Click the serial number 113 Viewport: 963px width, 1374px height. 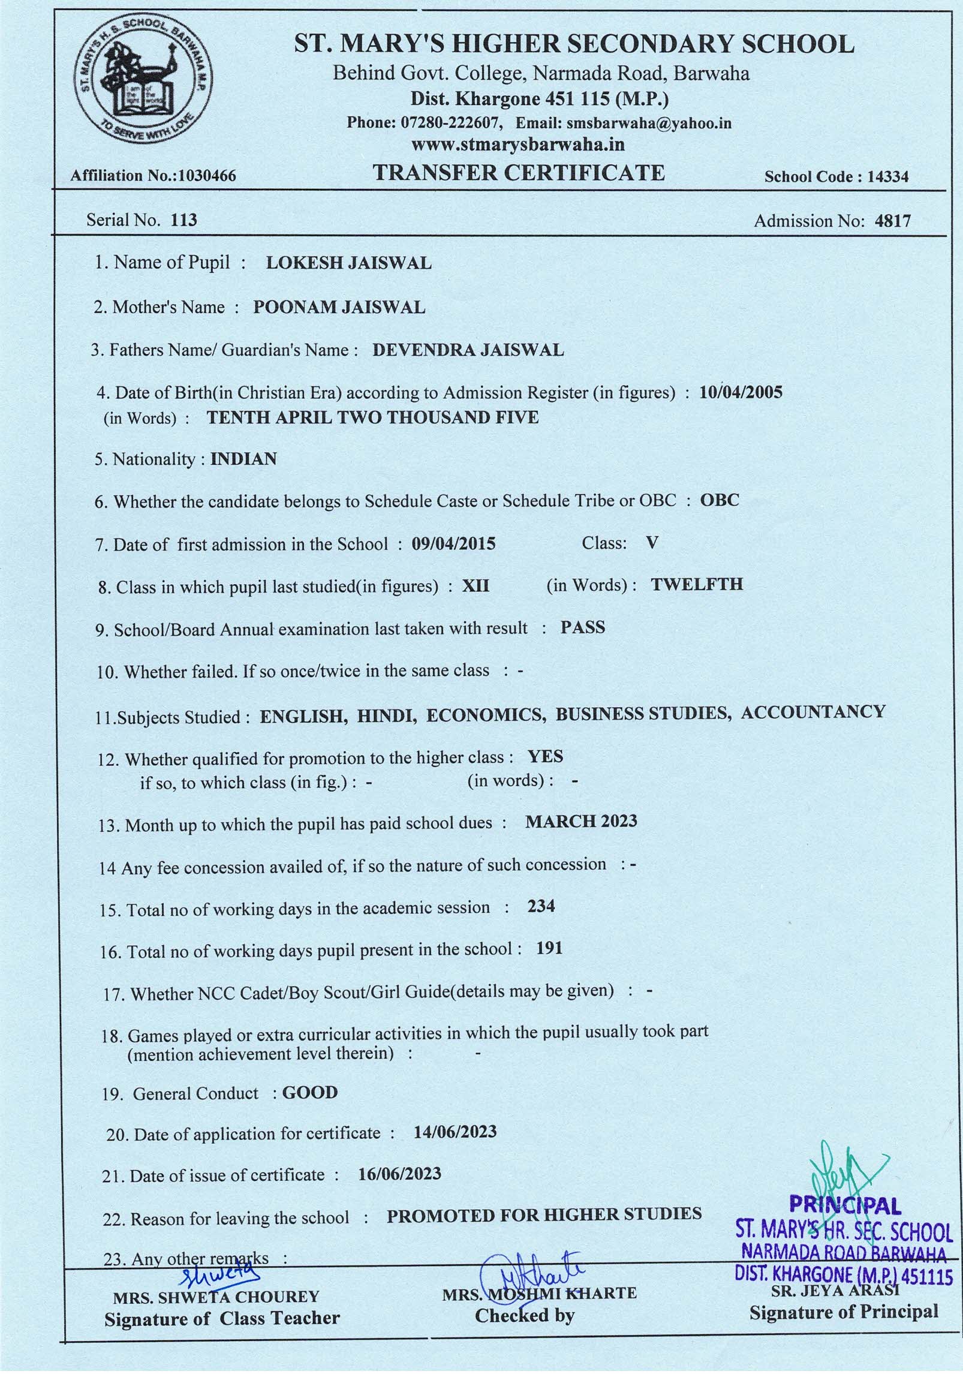[183, 220]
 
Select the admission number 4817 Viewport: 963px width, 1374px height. [893, 221]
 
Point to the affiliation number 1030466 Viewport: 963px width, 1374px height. [204, 176]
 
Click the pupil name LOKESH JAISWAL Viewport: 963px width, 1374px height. [348, 263]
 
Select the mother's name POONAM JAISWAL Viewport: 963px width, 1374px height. [339, 307]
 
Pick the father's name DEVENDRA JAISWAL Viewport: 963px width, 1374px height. [468, 350]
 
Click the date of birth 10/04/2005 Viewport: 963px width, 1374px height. [741, 393]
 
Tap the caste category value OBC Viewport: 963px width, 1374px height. [720, 500]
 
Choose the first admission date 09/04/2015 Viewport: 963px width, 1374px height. [453, 544]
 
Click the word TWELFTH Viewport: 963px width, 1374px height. [697, 585]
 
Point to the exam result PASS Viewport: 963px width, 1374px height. [583, 628]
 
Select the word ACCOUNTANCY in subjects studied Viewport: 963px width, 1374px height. [813, 712]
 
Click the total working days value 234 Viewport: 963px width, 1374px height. [541, 906]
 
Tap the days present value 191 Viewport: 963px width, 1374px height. [549, 949]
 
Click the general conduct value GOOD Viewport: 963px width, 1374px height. [310, 1093]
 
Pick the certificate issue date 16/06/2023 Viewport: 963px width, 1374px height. [399, 1174]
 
